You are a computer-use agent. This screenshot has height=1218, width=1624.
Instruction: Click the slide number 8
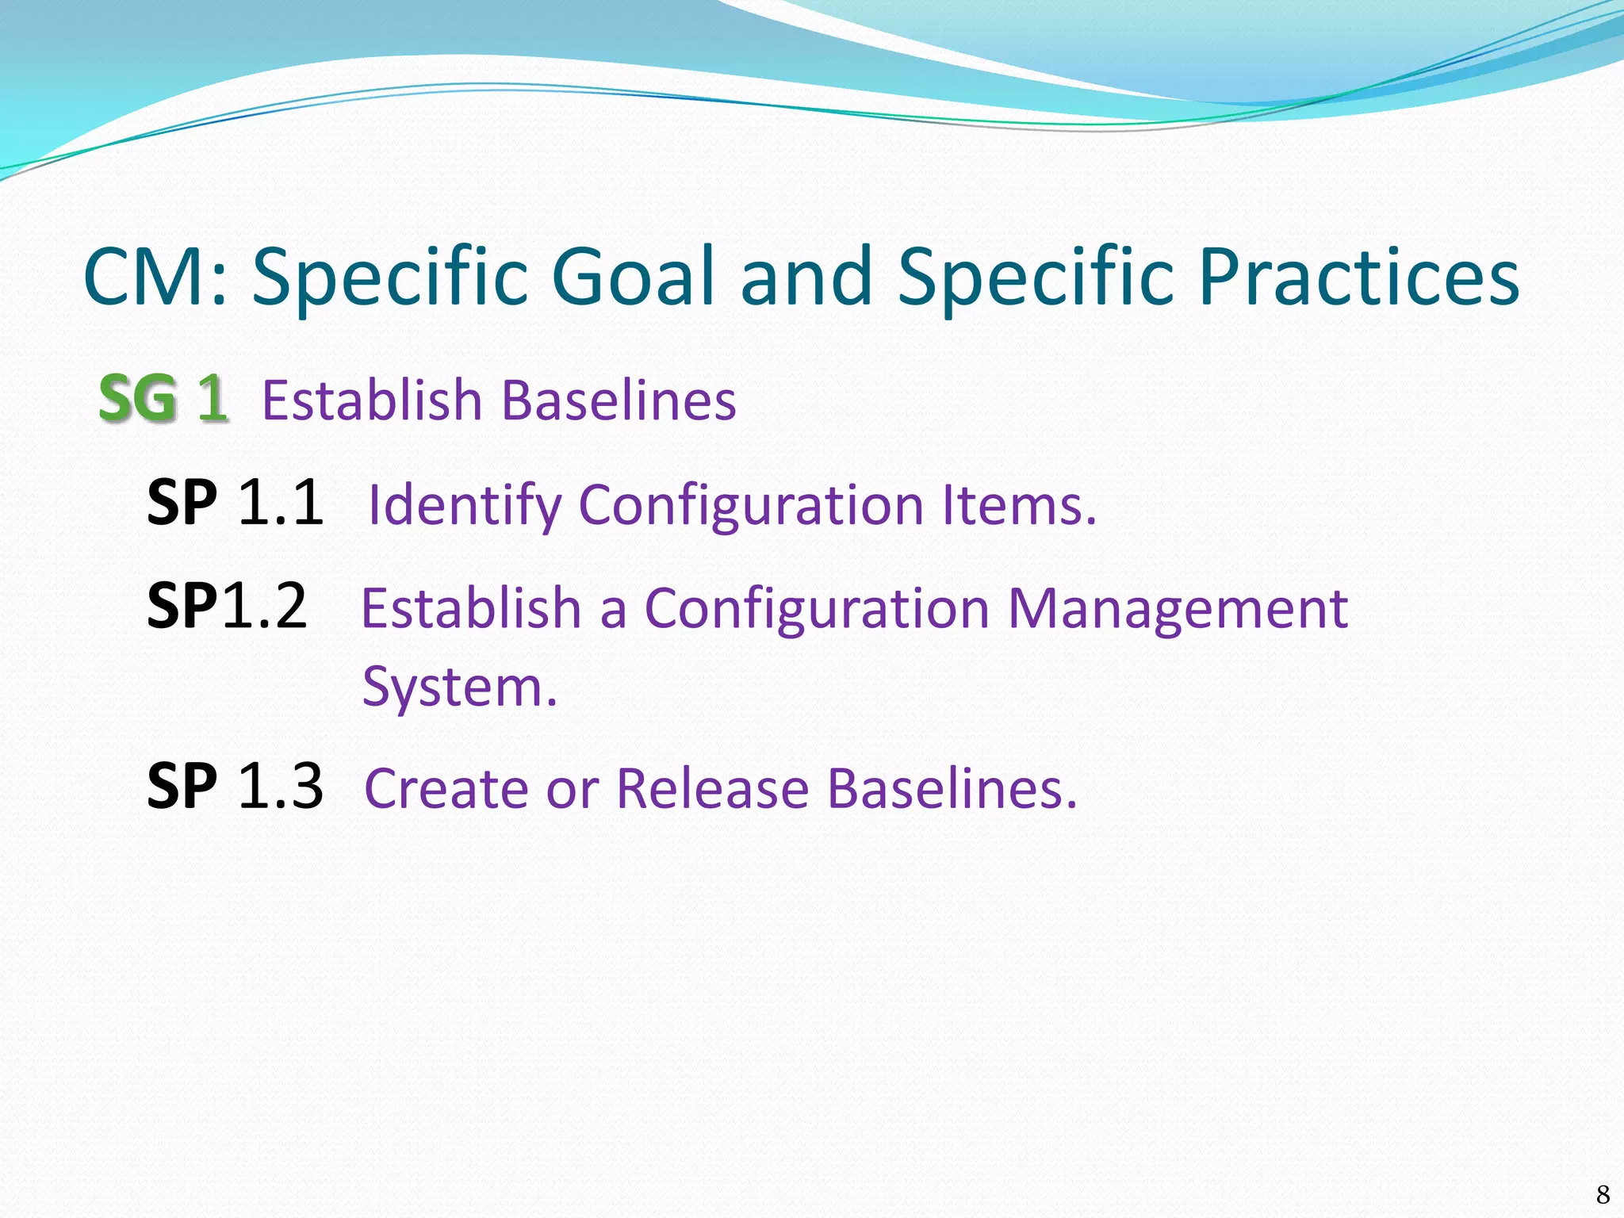1603,1194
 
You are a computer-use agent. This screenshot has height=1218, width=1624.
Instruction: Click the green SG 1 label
163,399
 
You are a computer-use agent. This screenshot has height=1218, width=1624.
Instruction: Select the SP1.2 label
227,606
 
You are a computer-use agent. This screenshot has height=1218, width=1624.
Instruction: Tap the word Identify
465,506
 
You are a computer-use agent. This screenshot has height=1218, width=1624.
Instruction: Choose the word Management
1178,609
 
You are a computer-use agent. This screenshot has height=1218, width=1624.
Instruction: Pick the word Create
447,788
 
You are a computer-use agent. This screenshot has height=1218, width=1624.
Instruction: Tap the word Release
713,788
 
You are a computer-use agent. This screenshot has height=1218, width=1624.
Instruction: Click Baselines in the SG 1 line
619,400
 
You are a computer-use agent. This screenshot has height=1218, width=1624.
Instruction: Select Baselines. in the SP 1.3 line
952,788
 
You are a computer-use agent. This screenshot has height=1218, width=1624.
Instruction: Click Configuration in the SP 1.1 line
752,506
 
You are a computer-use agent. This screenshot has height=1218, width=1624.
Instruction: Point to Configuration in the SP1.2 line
817,609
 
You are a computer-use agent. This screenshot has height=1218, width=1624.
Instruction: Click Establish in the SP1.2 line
471,609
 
